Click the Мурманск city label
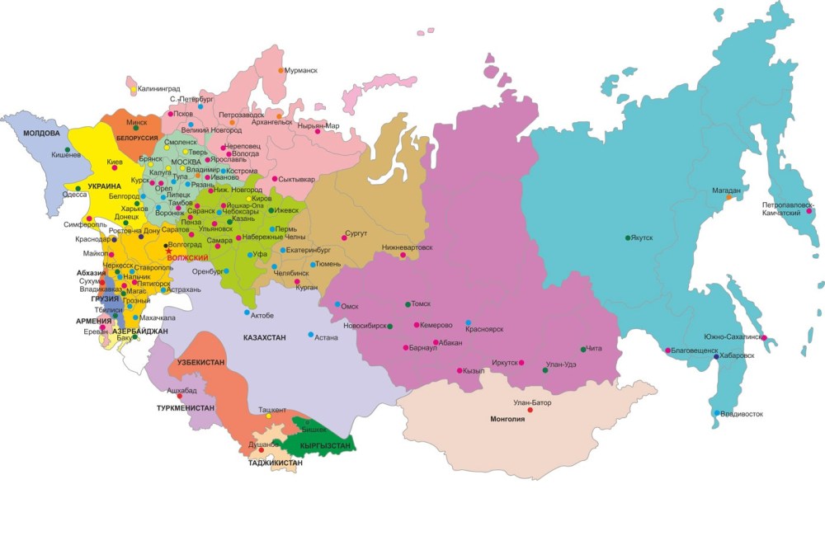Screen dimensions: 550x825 coord(302,71)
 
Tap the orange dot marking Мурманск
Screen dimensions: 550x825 coord(280,70)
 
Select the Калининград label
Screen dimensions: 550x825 coord(158,87)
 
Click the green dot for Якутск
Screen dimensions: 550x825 coord(629,238)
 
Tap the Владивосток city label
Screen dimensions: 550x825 coord(742,413)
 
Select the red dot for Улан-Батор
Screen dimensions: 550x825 coord(530,410)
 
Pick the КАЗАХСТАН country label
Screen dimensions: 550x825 coord(264,338)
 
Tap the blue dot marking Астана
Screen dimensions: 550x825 coord(311,335)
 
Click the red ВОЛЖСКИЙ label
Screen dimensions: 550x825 coord(187,258)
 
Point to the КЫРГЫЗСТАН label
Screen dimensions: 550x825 coord(325,445)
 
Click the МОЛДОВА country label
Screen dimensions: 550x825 coord(41,133)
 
